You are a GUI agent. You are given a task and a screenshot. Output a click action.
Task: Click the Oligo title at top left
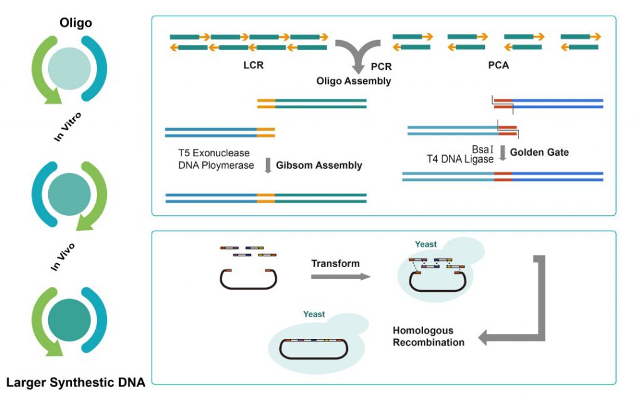[75, 23]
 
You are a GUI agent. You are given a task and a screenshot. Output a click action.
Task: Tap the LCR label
[254, 65]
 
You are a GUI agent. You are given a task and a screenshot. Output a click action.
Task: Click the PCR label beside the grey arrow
[381, 65]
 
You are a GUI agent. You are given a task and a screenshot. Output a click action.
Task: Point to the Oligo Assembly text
[354, 81]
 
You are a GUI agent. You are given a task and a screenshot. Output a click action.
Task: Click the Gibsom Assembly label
[319, 166]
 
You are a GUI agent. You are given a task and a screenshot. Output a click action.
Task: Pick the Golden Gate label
[539, 152]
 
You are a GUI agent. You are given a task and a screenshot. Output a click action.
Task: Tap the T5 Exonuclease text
[213, 153]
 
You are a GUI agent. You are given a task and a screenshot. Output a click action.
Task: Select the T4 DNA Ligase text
[460, 159]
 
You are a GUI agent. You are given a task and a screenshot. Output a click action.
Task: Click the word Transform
[335, 263]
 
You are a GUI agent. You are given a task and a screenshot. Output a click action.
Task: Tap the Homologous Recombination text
[428, 336]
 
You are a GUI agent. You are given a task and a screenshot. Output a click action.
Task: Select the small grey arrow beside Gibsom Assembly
[267, 166]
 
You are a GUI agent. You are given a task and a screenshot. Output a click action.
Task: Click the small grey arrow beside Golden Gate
[502, 154]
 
